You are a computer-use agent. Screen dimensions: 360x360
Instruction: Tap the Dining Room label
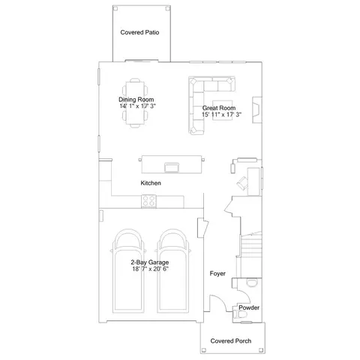pyautogui.click(x=136, y=99)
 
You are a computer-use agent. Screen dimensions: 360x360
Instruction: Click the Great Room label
pyautogui.click(x=217, y=108)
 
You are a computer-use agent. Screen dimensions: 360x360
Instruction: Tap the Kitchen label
pyautogui.click(x=151, y=183)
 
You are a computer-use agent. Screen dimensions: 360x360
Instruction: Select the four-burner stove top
pyautogui.click(x=149, y=200)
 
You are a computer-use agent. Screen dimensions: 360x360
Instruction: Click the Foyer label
pyautogui.click(x=217, y=274)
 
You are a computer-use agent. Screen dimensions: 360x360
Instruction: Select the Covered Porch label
pyautogui.click(x=230, y=341)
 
